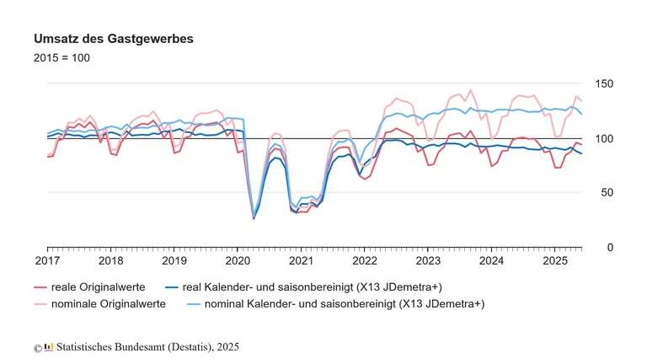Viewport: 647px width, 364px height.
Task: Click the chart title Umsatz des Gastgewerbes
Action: coord(114,40)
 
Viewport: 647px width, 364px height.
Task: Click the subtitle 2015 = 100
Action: coord(61,58)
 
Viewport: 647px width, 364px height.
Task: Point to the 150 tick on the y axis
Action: coord(605,84)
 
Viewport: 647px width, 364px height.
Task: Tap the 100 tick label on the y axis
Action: coord(605,138)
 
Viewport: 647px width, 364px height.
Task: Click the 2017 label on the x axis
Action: coord(47,261)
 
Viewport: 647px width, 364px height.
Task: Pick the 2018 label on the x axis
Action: coord(110,261)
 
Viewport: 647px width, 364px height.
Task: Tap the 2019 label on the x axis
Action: coord(174,261)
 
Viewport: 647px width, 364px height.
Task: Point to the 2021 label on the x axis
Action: coord(301,261)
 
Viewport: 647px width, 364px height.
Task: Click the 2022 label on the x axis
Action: coord(364,261)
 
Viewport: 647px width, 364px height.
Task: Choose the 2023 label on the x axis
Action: coord(427,261)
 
